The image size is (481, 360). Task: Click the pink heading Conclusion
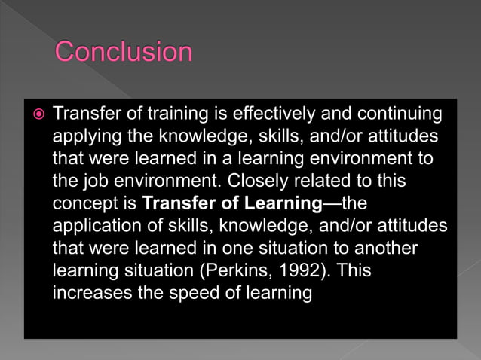click(x=124, y=52)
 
